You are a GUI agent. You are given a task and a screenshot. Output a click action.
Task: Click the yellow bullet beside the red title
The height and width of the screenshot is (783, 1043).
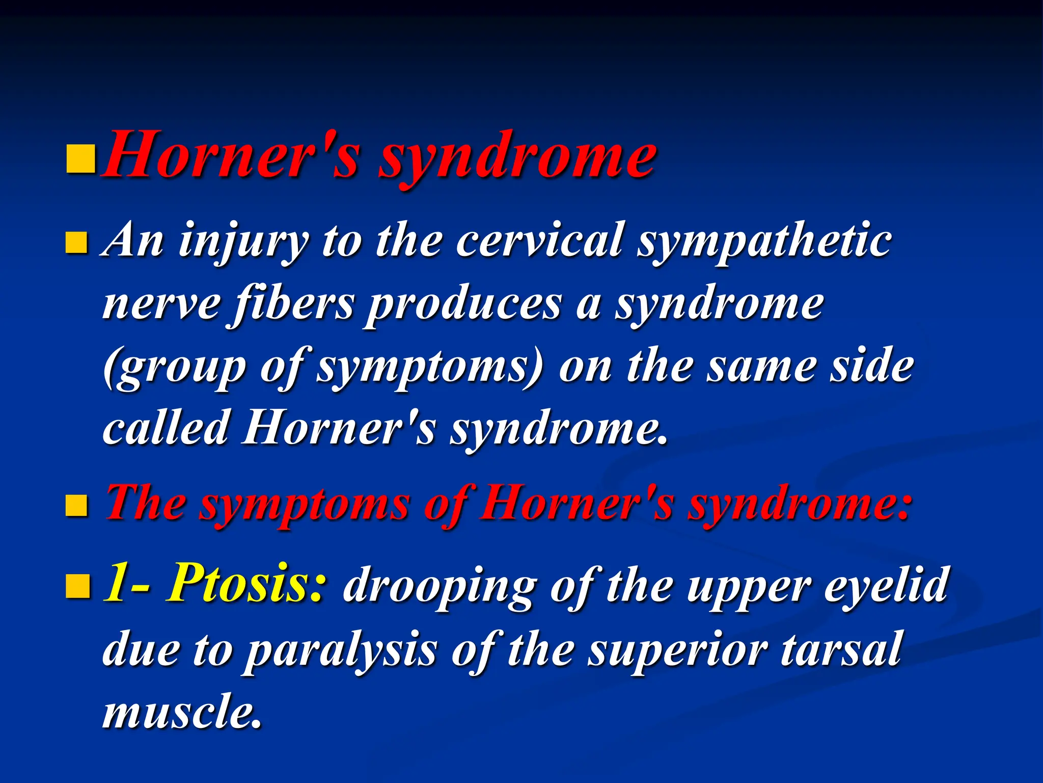tap(81, 159)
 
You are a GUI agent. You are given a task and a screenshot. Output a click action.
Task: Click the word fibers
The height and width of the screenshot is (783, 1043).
tap(293, 305)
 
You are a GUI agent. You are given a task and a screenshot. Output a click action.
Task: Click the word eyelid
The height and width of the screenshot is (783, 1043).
tap(886, 584)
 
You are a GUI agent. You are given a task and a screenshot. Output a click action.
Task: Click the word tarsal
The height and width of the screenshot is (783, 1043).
tap(841, 648)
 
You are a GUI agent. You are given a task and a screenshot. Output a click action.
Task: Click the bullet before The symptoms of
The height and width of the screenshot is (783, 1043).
tap(77, 506)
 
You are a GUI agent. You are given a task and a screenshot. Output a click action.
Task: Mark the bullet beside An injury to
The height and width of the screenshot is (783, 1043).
tap(77, 243)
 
